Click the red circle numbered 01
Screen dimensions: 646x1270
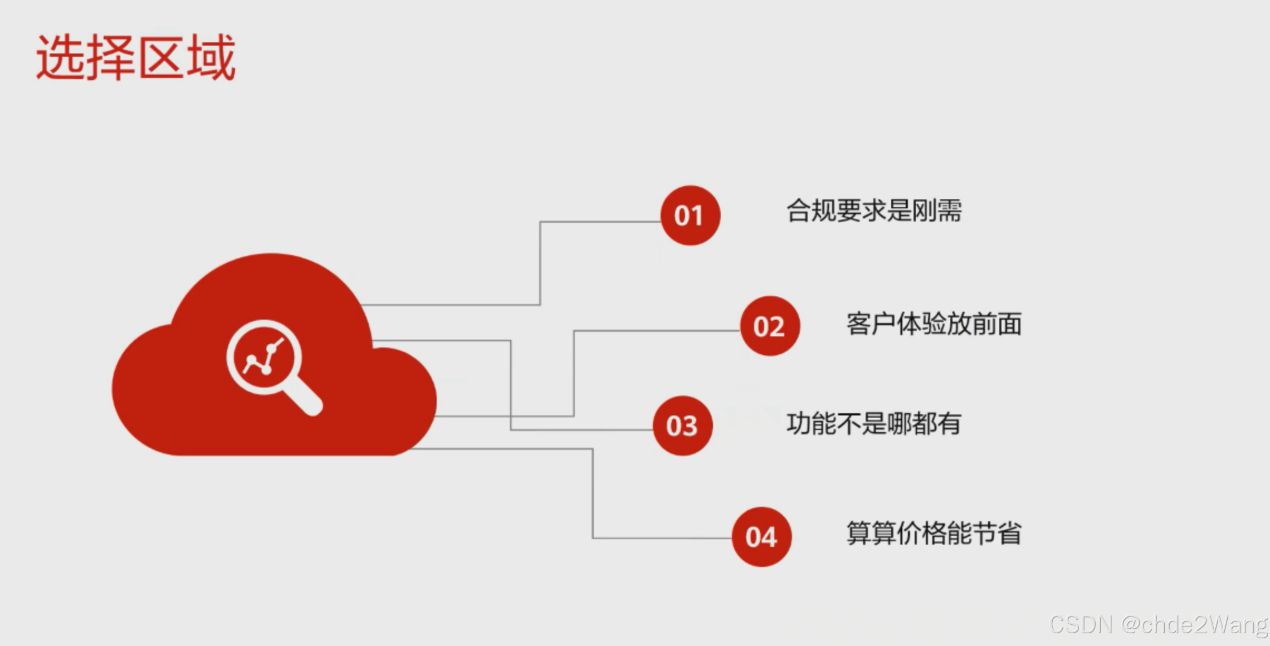[x=690, y=216]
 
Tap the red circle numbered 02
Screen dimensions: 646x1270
[x=770, y=326]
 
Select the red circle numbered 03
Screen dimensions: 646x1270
[x=682, y=426]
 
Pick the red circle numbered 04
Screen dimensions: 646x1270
[x=761, y=537]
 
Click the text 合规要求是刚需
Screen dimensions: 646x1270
[x=873, y=211]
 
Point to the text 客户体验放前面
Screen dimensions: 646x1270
[x=934, y=324]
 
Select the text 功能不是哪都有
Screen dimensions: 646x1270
[x=873, y=424]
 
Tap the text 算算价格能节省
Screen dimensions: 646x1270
[x=934, y=534]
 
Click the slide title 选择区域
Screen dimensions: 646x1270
[x=136, y=57]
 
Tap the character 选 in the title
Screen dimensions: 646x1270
[x=61, y=57]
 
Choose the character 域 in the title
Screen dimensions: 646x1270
[x=211, y=57]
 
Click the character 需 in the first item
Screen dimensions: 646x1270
[x=949, y=211]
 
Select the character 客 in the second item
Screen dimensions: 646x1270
[x=858, y=324]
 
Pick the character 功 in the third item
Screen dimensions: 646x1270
[x=798, y=424]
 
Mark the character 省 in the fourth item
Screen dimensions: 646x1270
[x=1009, y=534]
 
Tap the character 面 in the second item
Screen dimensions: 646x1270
[x=1009, y=324]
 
